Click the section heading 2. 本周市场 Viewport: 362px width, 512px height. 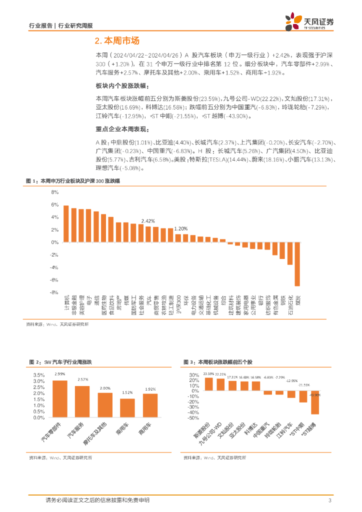click(116, 41)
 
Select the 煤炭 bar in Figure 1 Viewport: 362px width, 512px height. click(297, 264)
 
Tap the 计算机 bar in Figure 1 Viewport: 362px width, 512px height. click(66, 223)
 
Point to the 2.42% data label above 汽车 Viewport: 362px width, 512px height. click(148, 220)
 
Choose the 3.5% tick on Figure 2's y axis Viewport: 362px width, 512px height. click(38, 375)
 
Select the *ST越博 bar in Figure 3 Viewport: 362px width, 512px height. click(315, 402)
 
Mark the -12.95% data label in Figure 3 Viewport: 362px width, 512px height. click(291, 380)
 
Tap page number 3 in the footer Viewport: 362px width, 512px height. click(329, 500)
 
